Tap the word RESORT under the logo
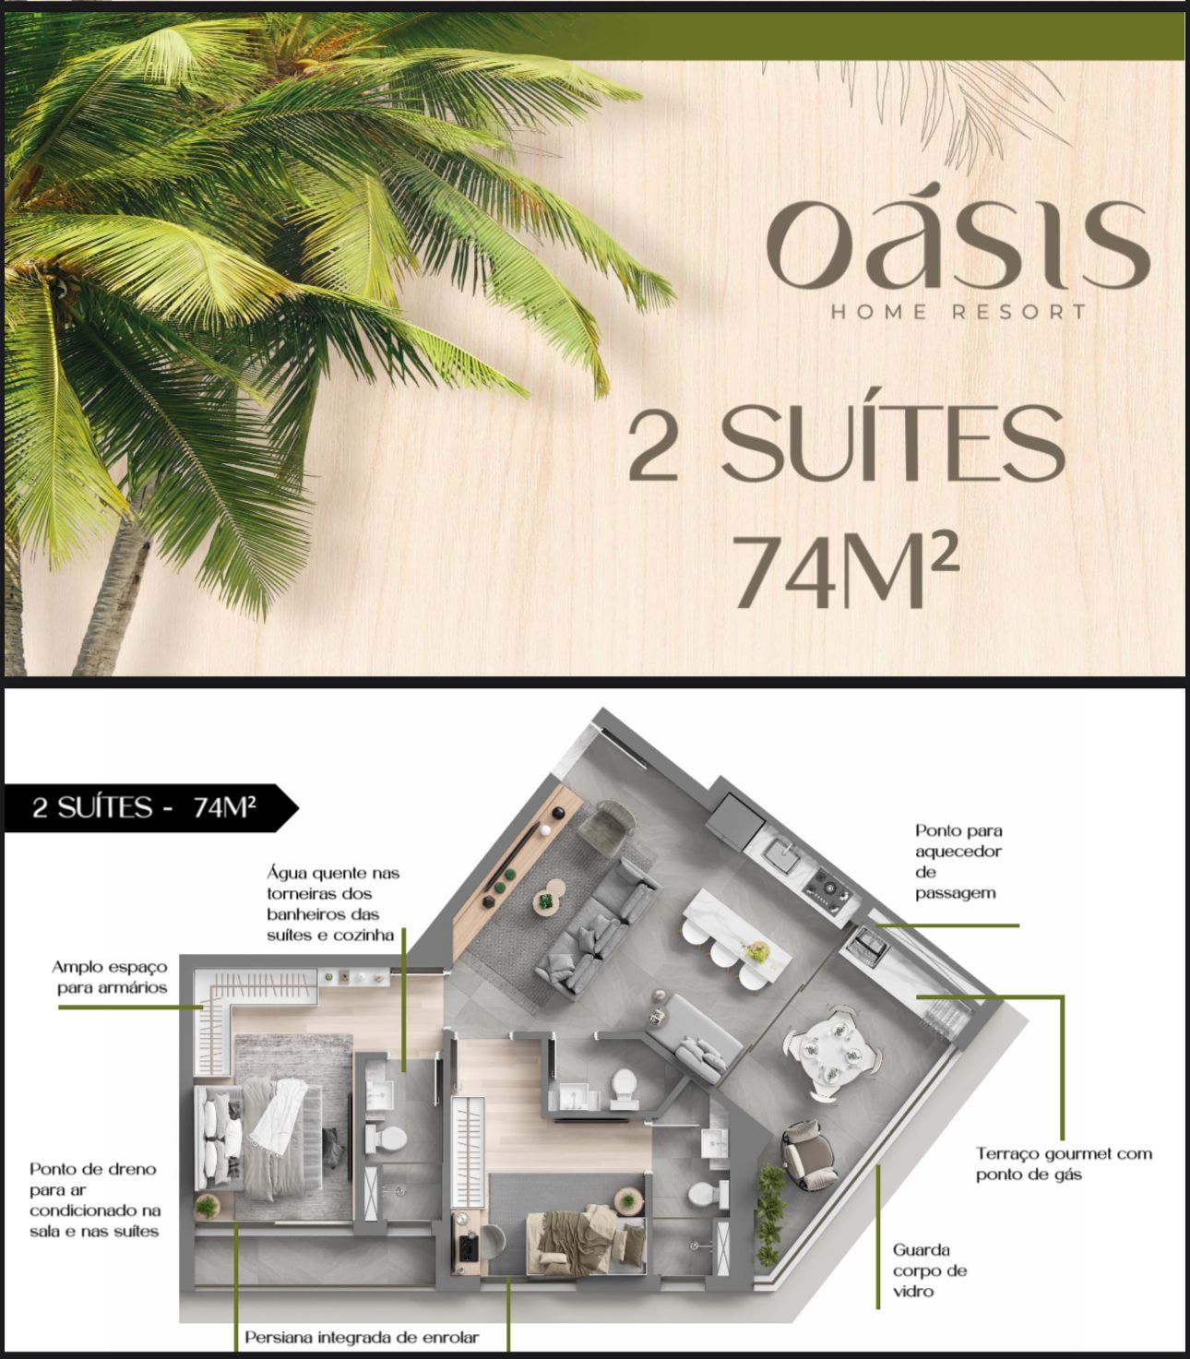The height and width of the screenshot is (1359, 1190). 1018,312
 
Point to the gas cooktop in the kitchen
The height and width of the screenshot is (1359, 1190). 827,888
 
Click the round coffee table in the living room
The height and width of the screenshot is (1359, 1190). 549,899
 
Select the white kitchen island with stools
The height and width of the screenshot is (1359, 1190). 736,931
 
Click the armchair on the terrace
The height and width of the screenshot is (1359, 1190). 807,1155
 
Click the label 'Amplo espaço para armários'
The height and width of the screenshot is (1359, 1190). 110,977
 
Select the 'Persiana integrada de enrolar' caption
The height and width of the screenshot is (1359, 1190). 362,1337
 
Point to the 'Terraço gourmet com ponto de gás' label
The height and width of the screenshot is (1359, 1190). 1064,1164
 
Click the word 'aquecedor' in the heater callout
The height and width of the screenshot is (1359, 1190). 958,852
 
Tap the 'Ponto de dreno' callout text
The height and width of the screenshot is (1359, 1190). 93,1169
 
